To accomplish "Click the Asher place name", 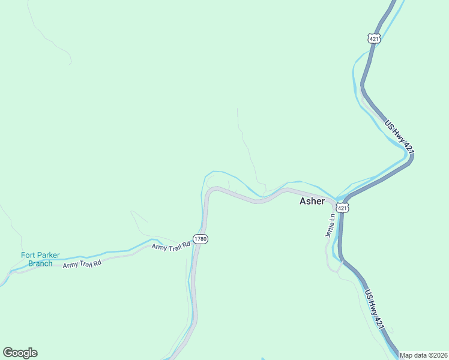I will pos(312,202).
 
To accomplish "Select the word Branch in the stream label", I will pos(40,263).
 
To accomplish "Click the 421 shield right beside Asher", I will pos(342,208).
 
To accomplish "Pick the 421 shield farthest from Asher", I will pos(375,38).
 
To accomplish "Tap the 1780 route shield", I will pos(200,239).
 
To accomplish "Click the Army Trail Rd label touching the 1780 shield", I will pos(170,246).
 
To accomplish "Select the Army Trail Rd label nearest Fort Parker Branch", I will pos(82,264).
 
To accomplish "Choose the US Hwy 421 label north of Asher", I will pos(399,136).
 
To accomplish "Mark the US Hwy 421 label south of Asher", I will pos(373,310).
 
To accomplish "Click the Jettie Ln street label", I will pos(329,226).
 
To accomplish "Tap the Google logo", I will pos(20,353).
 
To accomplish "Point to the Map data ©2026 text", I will pos(423,355).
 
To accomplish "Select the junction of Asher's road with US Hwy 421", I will pos(340,198).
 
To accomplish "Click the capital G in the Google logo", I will pos(8,353).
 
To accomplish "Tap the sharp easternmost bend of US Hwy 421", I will pos(411,157).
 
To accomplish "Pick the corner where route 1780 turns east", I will pos(208,191).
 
